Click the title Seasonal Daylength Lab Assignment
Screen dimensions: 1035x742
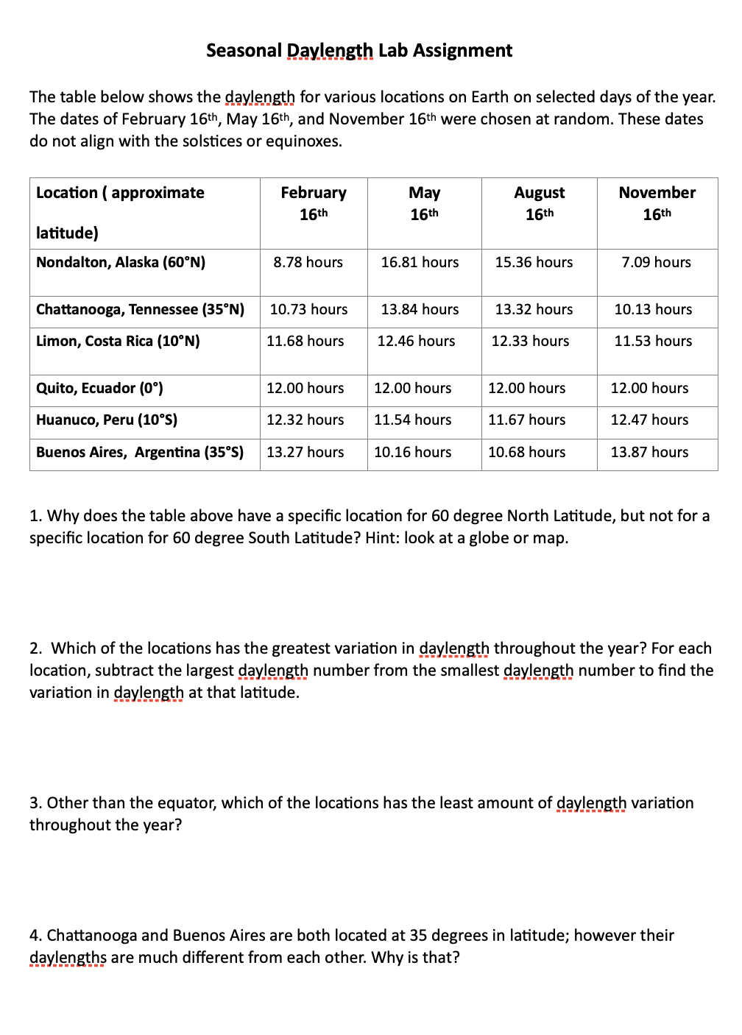coord(359,51)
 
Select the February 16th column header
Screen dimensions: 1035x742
coord(314,202)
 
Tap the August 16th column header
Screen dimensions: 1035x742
coord(539,202)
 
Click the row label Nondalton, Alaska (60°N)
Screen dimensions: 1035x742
coord(121,263)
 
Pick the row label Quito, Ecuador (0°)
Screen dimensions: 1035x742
coord(99,389)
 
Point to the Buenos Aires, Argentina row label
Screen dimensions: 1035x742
coord(140,453)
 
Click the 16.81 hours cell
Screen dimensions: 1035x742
coord(420,263)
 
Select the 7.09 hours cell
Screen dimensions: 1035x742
coord(656,263)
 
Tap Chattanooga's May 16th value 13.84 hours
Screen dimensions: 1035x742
coord(420,310)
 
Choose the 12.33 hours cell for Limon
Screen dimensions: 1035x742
coord(530,342)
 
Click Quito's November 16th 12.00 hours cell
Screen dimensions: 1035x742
coord(649,389)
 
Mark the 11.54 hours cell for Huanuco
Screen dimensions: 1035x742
coord(412,420)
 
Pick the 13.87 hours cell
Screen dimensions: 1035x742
coord(649,453)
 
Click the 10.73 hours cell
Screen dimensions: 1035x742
coord(308,310)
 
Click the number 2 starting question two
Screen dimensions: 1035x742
coord(35,649)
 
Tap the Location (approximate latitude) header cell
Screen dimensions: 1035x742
coord(120,212)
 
